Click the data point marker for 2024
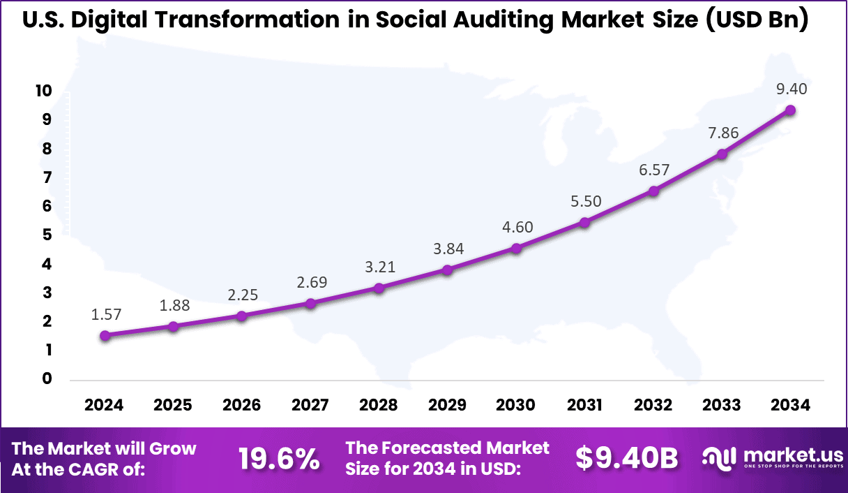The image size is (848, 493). click(105, 335)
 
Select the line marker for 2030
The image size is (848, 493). click(516, 248)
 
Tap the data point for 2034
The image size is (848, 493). click(790, 110)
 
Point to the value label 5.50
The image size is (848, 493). click(584, 201)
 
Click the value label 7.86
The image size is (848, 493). click(722, 133)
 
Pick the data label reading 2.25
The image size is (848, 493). click(242, 295)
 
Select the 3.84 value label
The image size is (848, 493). click(448, 249)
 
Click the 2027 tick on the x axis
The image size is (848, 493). click(310, 406)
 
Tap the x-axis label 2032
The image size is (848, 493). click(653, 406)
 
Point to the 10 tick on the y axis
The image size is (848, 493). click(43, 91)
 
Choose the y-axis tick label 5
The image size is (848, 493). click(47, 235)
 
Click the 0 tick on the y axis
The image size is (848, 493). click(47, 378)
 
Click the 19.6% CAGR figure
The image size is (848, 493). click(279, 459)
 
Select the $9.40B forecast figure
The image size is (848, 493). click(627, 459)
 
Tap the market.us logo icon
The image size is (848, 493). click(719, 458)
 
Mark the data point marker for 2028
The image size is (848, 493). click(379, 288)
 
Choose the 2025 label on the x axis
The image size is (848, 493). click(173, 406)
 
